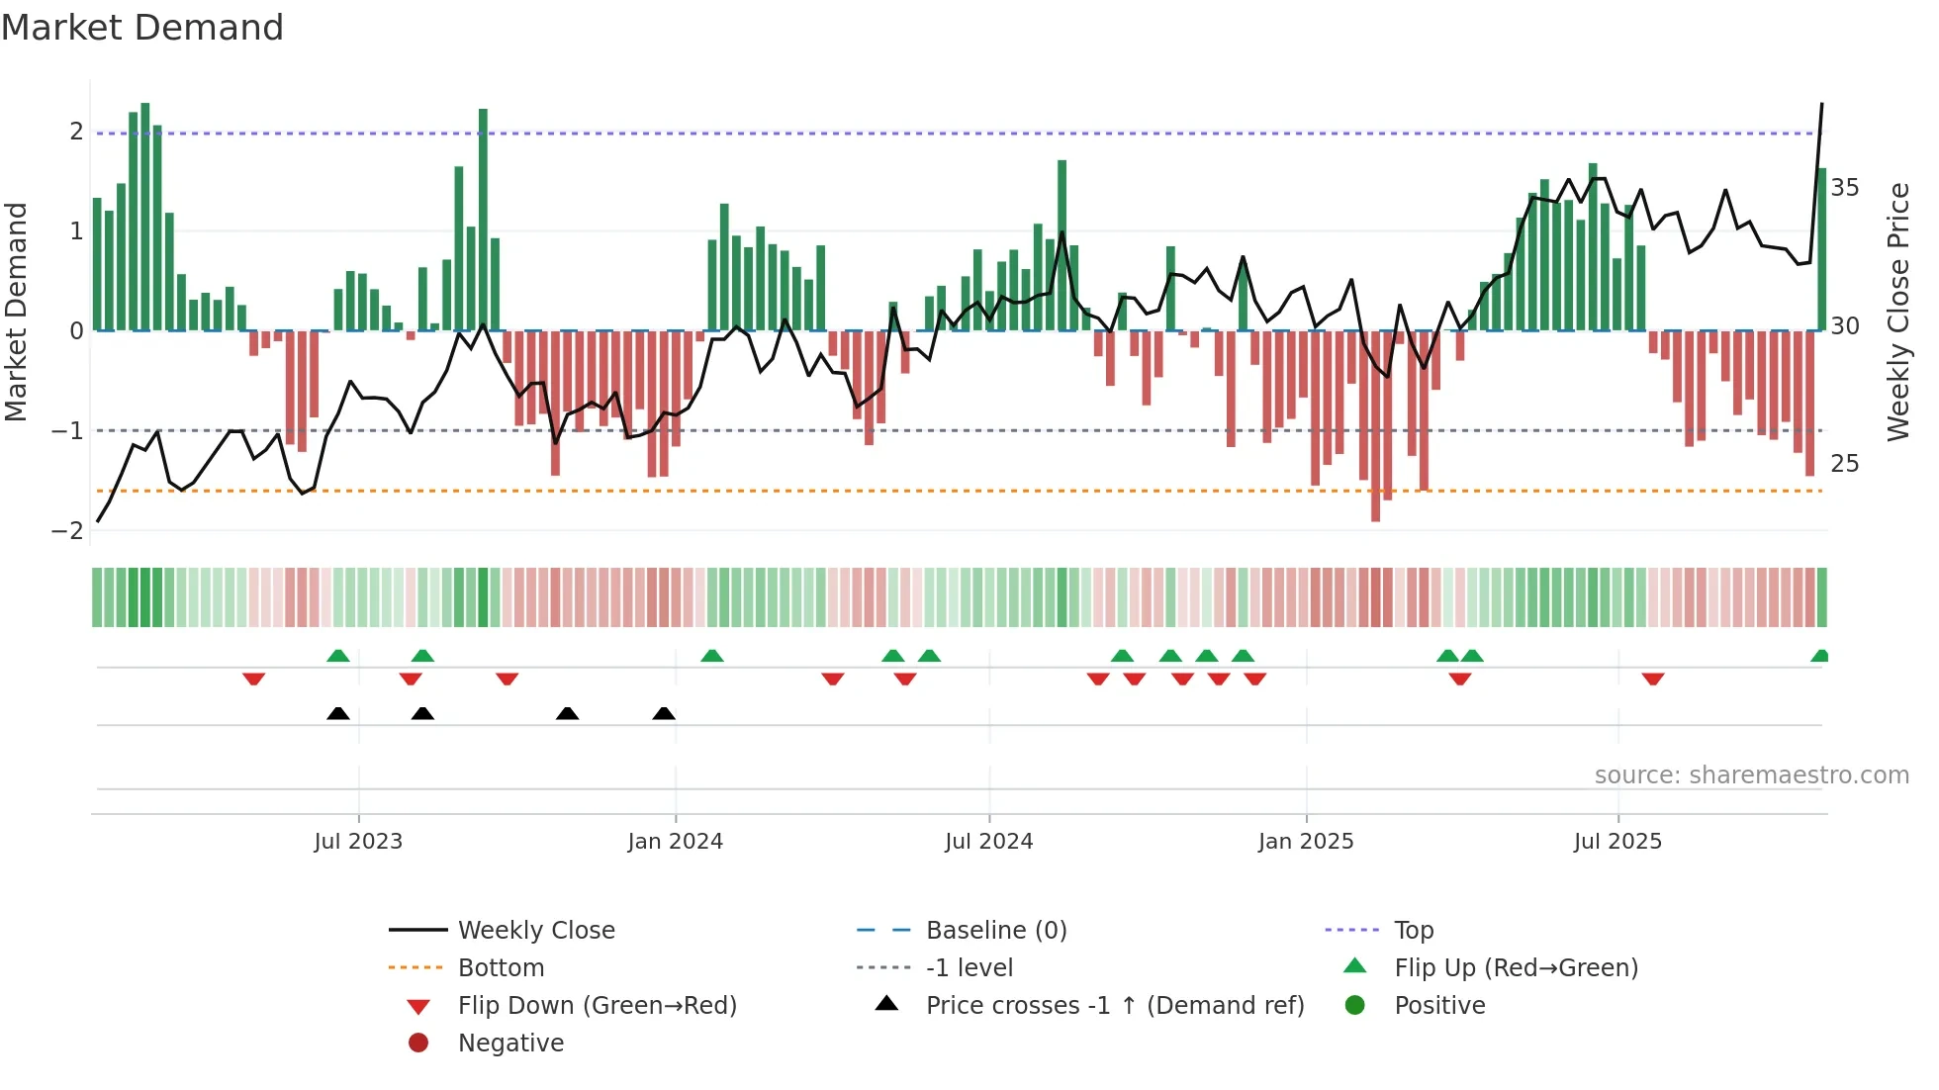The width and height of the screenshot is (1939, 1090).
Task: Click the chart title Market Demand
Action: point(142,28)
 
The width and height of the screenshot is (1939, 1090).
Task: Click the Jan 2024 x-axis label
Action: point(675,842)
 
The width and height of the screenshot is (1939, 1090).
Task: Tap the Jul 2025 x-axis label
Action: point(1617,842)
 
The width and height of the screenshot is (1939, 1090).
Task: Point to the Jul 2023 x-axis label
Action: point(358,842)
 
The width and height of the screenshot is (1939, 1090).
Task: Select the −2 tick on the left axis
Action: point(67,531)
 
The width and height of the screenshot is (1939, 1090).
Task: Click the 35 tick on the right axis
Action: point(1844,188)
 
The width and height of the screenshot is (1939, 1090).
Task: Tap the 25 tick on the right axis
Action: point(1844,464)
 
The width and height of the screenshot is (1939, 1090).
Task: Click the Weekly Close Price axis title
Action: point(1897,312)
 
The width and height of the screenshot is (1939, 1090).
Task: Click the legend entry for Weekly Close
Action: point(535,931)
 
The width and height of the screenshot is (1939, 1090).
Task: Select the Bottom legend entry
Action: point(501,968)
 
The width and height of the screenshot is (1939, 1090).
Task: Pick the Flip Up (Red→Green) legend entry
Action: point(1516,968)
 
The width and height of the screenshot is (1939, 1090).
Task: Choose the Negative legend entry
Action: point(510,1044)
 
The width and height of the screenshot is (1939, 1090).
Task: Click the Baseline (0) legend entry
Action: point(995,931)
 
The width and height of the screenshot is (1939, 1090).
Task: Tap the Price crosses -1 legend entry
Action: point(1114,1006)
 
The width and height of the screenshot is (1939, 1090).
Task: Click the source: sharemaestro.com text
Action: point(1751,775)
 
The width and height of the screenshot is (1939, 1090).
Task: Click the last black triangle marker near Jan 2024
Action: point(664,714)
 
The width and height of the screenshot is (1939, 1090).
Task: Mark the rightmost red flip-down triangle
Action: point(1653,679)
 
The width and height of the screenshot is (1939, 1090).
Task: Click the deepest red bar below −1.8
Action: point(1375,425)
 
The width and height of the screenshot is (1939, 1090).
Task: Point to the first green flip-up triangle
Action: point(338,656)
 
